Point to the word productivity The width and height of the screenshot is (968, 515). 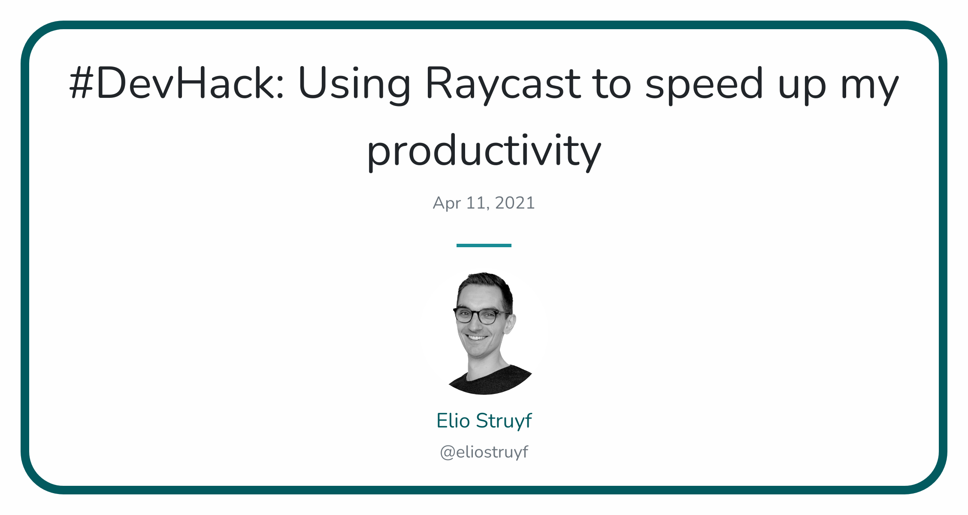coord(484,151)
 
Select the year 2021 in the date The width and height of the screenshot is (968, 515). coord(515,203)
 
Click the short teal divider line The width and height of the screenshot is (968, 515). coord(484,245)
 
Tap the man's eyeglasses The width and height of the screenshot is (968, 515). coord(481,316)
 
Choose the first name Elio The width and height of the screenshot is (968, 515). coord(453,421)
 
